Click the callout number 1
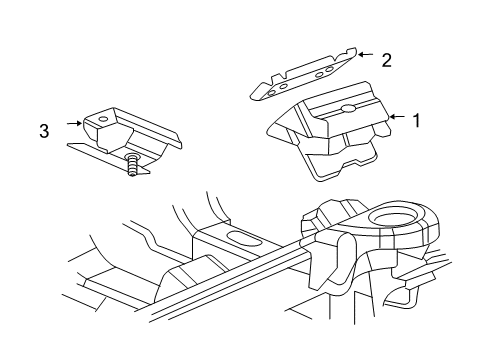click(417, 118)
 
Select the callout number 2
click(386, 60)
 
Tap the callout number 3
click(44, 128)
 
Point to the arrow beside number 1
click(396, 117)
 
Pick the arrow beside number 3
click(72, 124)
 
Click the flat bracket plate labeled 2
click(300, 75)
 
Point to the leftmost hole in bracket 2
click(271, 88)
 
